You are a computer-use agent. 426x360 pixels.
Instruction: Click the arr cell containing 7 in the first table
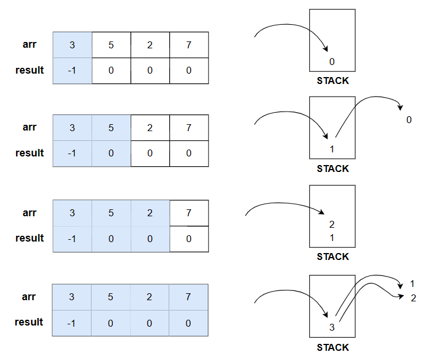189,45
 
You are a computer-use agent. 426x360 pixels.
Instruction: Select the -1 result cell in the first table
72,70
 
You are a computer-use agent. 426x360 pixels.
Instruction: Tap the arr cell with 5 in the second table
111,128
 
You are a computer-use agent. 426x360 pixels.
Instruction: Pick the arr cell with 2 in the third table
150,213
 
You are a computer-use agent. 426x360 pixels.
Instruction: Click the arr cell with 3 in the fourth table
72,297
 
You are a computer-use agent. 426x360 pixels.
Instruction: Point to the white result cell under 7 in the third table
189,239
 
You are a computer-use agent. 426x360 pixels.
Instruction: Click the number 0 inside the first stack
332,62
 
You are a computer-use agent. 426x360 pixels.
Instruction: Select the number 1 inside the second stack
332,150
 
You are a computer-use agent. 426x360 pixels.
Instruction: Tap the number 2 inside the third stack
332,224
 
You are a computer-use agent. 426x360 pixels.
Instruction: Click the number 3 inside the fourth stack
332,328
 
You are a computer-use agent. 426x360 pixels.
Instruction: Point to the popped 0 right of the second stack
409,120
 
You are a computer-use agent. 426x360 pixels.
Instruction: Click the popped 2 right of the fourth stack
413,298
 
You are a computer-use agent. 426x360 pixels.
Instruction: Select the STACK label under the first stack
333,81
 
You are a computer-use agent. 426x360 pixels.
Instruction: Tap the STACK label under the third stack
333,256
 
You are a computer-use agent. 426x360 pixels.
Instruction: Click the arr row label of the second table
29,128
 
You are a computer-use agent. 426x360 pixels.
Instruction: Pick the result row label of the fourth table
29,322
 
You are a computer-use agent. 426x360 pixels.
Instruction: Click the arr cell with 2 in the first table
150,45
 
